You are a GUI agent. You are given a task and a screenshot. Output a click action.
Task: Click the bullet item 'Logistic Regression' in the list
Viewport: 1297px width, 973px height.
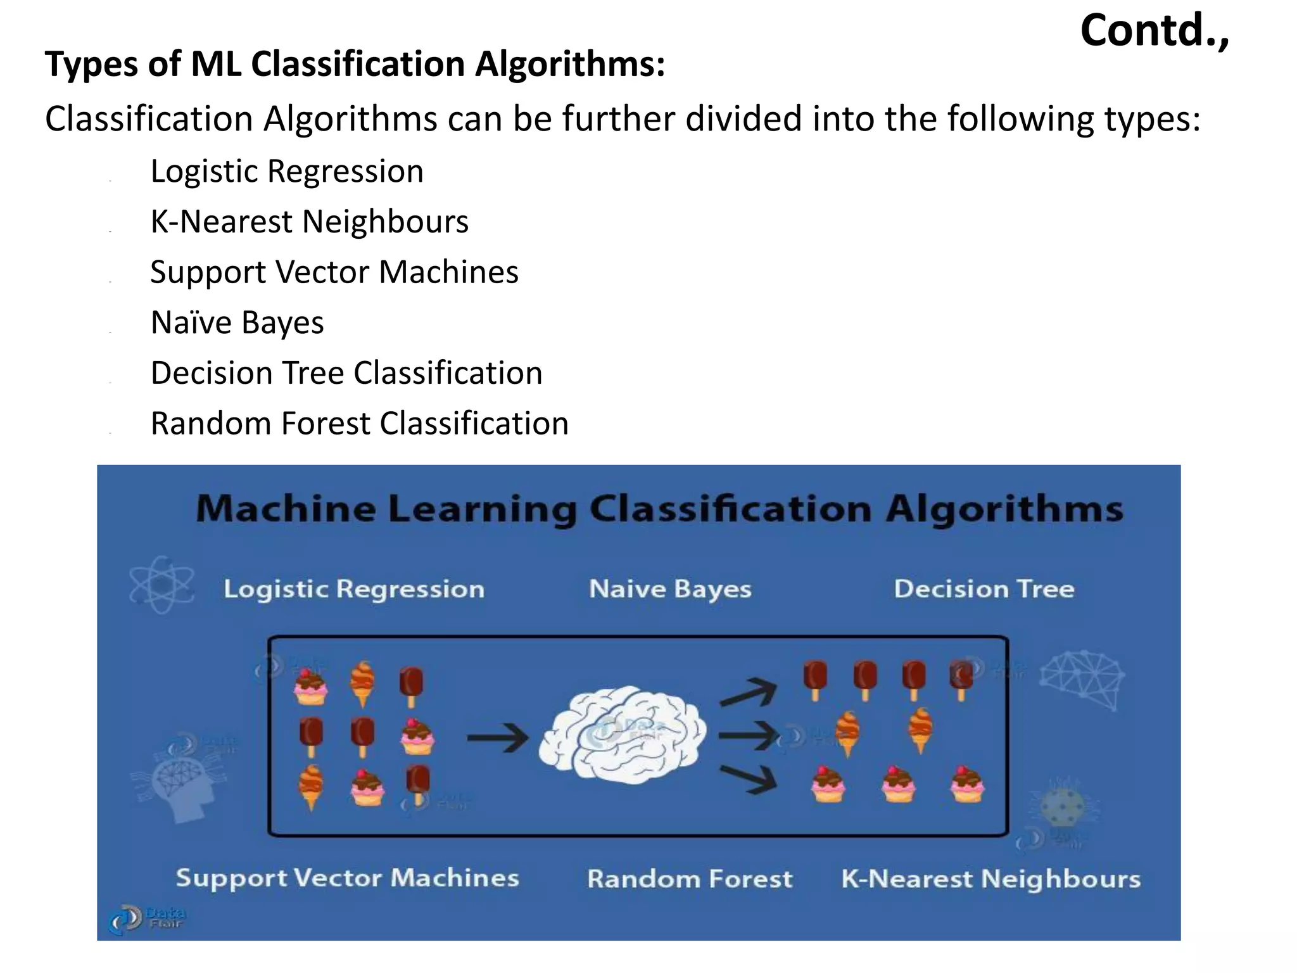click(x=286, y=171)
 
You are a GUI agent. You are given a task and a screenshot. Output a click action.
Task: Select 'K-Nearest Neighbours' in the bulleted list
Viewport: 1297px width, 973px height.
click(x=309, y=222)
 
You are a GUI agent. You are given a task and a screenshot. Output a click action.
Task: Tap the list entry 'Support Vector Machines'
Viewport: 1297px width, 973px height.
click(x=334, y=272)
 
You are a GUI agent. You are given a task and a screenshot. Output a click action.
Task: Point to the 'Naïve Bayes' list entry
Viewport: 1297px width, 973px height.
click(x=237, y=322)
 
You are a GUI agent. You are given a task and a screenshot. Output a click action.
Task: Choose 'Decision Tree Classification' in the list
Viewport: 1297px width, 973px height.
click(x=346, y=373)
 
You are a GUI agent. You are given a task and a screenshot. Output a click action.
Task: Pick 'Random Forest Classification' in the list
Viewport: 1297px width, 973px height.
click(x=359, y=423)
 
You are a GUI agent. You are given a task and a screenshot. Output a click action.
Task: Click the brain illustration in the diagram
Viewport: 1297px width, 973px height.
click(x=623, y=735)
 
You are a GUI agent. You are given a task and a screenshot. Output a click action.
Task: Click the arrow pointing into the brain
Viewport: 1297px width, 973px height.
click(x=498, y=737)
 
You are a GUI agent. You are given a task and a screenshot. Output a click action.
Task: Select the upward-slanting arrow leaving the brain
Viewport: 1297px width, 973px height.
click(x=748, y=692)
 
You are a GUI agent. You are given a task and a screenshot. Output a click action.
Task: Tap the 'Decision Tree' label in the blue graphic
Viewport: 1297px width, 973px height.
click(x=984, y=589)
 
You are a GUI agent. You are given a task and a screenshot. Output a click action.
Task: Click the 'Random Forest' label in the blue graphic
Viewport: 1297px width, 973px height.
click(x=689, y=879)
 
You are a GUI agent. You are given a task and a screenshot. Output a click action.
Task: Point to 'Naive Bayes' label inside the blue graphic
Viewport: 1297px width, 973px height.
click(x=670, y=589)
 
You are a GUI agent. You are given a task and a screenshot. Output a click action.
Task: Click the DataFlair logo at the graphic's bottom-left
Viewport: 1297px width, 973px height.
click(x=146, y=918)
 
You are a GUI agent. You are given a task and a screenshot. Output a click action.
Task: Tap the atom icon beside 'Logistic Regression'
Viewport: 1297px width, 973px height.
click(x=161, y=585)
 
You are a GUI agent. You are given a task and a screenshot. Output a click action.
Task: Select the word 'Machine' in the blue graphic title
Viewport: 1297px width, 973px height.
click(x=286, y=509)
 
